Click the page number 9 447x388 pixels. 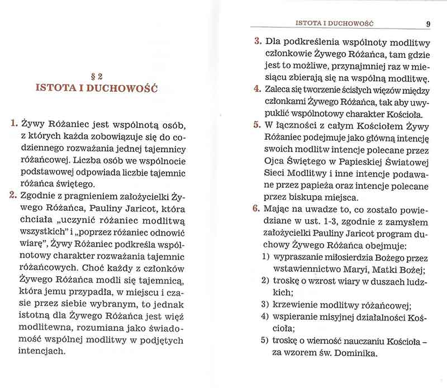coord(427,23)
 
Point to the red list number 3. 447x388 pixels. coord(257,42)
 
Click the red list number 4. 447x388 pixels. coord(257,89)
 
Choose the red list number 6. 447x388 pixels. coord(257,210)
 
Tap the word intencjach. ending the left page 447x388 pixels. coord(43,352)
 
